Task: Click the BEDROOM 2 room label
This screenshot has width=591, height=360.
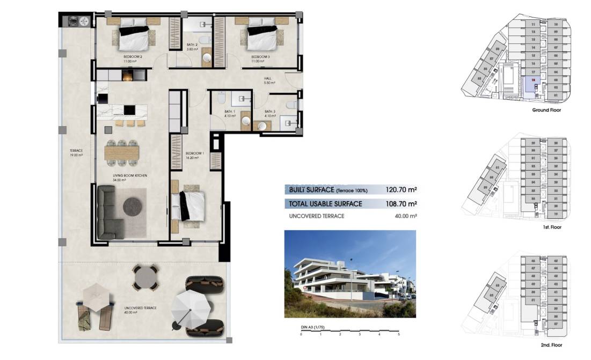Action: (133, 56)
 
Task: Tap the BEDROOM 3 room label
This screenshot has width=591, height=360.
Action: (261, 56)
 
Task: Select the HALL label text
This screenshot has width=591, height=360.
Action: (268, 78)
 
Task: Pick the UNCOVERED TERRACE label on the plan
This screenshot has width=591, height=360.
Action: (140, 308)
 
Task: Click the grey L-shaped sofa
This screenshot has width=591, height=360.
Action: (111, 212)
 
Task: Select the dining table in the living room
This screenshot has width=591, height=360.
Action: (122, 152)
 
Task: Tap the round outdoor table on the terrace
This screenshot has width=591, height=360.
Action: (146, 278)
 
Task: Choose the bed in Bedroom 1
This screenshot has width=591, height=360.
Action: (190, 207)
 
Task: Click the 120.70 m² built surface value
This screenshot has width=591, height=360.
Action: (401, 189)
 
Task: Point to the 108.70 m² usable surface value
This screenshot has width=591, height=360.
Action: (401, 204)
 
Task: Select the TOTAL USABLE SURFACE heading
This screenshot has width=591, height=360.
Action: (325, 204)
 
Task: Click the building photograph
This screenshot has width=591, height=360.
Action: (349, 274)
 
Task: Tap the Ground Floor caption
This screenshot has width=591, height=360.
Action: (546, 110)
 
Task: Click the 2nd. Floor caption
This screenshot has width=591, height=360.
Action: (551, 345)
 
